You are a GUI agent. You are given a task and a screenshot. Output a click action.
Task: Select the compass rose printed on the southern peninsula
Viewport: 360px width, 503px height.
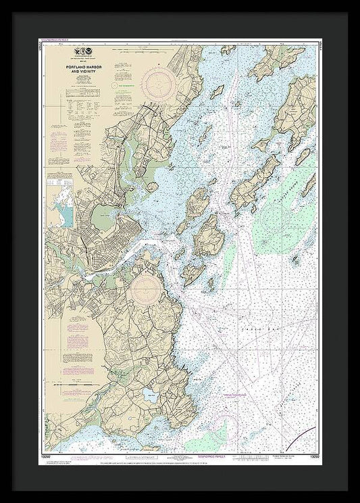coord(148,289)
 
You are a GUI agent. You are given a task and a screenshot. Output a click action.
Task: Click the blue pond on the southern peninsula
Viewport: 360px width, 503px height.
coord(149,395)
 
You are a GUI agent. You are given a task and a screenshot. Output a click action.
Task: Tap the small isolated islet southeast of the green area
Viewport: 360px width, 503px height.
coord(296,259)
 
